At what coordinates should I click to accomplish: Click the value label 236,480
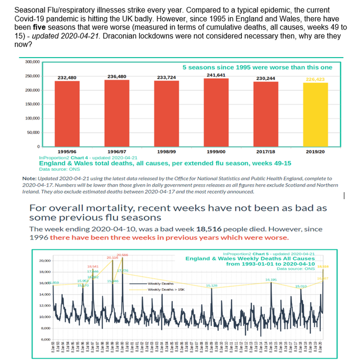(x=117, y=76)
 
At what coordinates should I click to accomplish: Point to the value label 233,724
(x=167, y=77)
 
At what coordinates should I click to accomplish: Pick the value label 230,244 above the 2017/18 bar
(x=266, y=78)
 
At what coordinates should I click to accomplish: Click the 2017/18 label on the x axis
(x=266, y=152)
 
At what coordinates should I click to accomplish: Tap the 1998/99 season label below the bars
(x=167, y=152)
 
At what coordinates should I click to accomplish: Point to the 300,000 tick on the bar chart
(x=32, y=62)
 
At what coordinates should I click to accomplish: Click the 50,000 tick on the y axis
(x=33, y=132)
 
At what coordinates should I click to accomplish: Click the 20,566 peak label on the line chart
(x=122, y=255)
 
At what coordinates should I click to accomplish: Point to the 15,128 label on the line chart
(x=211, y=286)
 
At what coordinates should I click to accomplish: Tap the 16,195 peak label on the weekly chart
(x=271, y=279)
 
